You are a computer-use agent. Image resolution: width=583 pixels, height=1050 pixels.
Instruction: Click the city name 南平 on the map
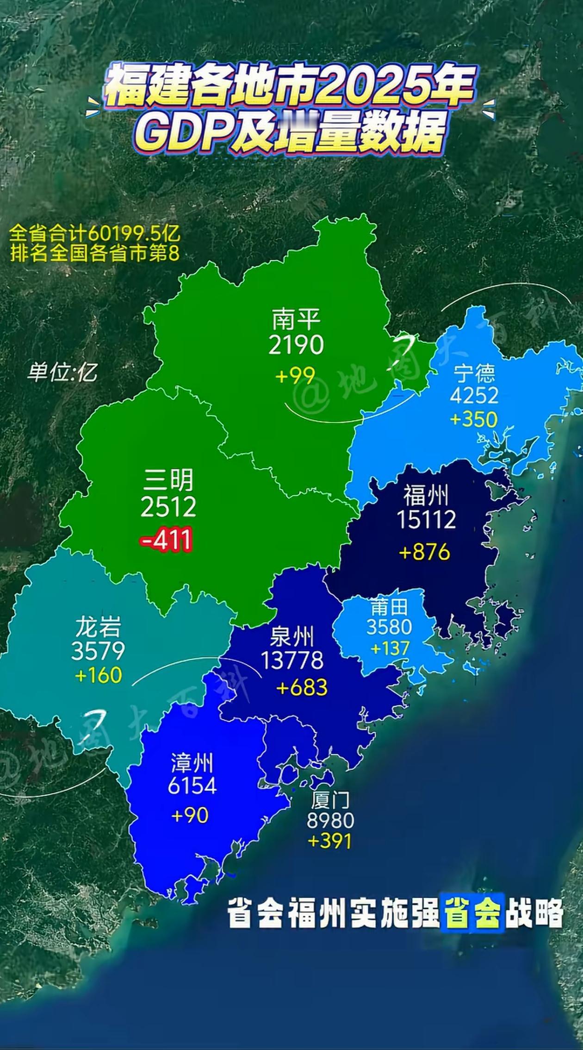click(x=296, y=319)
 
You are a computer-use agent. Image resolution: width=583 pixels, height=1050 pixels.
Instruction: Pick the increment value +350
click(x=474, y=420)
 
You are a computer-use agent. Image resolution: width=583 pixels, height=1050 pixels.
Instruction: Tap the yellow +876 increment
click(x=424, y=552)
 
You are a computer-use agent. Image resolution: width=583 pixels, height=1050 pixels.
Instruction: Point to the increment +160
click(x=98, y=675)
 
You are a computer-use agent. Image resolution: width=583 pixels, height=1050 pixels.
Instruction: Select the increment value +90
click(x=190, y=815)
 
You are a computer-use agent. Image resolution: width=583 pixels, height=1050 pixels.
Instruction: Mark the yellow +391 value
click(x=329, y=841)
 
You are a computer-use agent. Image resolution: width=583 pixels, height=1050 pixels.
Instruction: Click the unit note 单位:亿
click(x=62, y=372)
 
